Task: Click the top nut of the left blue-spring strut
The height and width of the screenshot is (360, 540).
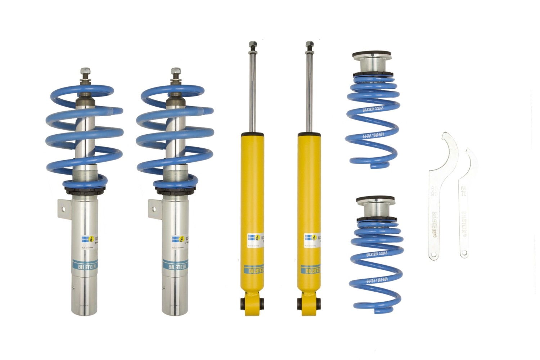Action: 85,71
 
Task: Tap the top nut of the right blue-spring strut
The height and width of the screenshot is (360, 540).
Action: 176,71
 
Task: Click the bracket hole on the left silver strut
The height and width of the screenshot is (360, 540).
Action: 64,208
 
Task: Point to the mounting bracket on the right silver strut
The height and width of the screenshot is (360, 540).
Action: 154,208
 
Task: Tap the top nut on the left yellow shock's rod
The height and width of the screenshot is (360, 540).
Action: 252,45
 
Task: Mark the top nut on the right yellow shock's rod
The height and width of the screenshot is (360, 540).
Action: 309,45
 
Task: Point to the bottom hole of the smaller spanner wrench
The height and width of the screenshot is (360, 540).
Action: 464,254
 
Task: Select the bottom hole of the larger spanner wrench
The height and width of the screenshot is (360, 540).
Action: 434,255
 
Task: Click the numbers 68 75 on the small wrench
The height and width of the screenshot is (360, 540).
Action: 464,191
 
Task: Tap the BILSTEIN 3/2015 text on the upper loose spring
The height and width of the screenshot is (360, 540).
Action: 370,109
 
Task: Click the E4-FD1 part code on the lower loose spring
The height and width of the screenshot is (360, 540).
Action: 377,280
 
